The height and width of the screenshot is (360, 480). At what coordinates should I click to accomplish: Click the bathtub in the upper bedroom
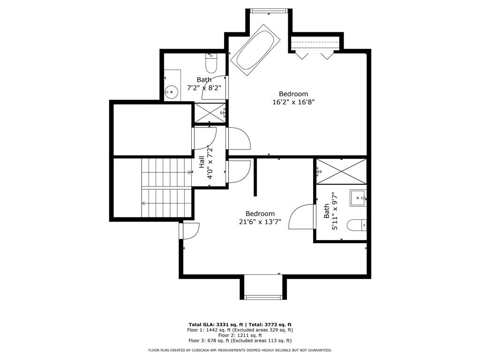pos(255,50)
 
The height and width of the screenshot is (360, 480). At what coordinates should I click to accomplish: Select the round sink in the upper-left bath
pos(172,91)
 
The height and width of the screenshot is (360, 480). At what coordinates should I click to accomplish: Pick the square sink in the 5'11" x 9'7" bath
pos(358,198)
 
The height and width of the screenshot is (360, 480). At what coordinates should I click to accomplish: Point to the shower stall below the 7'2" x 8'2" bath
pos(210,113)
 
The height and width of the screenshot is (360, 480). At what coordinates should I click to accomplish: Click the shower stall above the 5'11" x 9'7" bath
pos(341,172)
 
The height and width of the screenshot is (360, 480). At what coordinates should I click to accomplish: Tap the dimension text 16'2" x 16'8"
pos(293,102)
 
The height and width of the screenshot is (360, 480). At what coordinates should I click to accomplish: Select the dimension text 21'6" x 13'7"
pos(260,222)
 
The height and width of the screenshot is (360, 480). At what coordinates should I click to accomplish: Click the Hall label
pos(202,162)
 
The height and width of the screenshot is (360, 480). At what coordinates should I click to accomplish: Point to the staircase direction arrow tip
pos(142,203)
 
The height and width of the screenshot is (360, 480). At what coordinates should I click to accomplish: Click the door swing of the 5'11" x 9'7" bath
pos(302,217)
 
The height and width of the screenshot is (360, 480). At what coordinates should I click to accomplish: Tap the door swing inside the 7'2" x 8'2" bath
pos(214,87)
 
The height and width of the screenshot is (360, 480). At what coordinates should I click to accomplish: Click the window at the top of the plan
pos(269,11)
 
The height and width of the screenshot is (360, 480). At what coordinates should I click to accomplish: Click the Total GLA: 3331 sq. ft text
pos(216,325)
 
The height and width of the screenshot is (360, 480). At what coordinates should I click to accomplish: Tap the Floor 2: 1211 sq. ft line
pos(240,336)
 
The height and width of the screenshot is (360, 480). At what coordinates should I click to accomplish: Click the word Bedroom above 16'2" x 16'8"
pos(293,94)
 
